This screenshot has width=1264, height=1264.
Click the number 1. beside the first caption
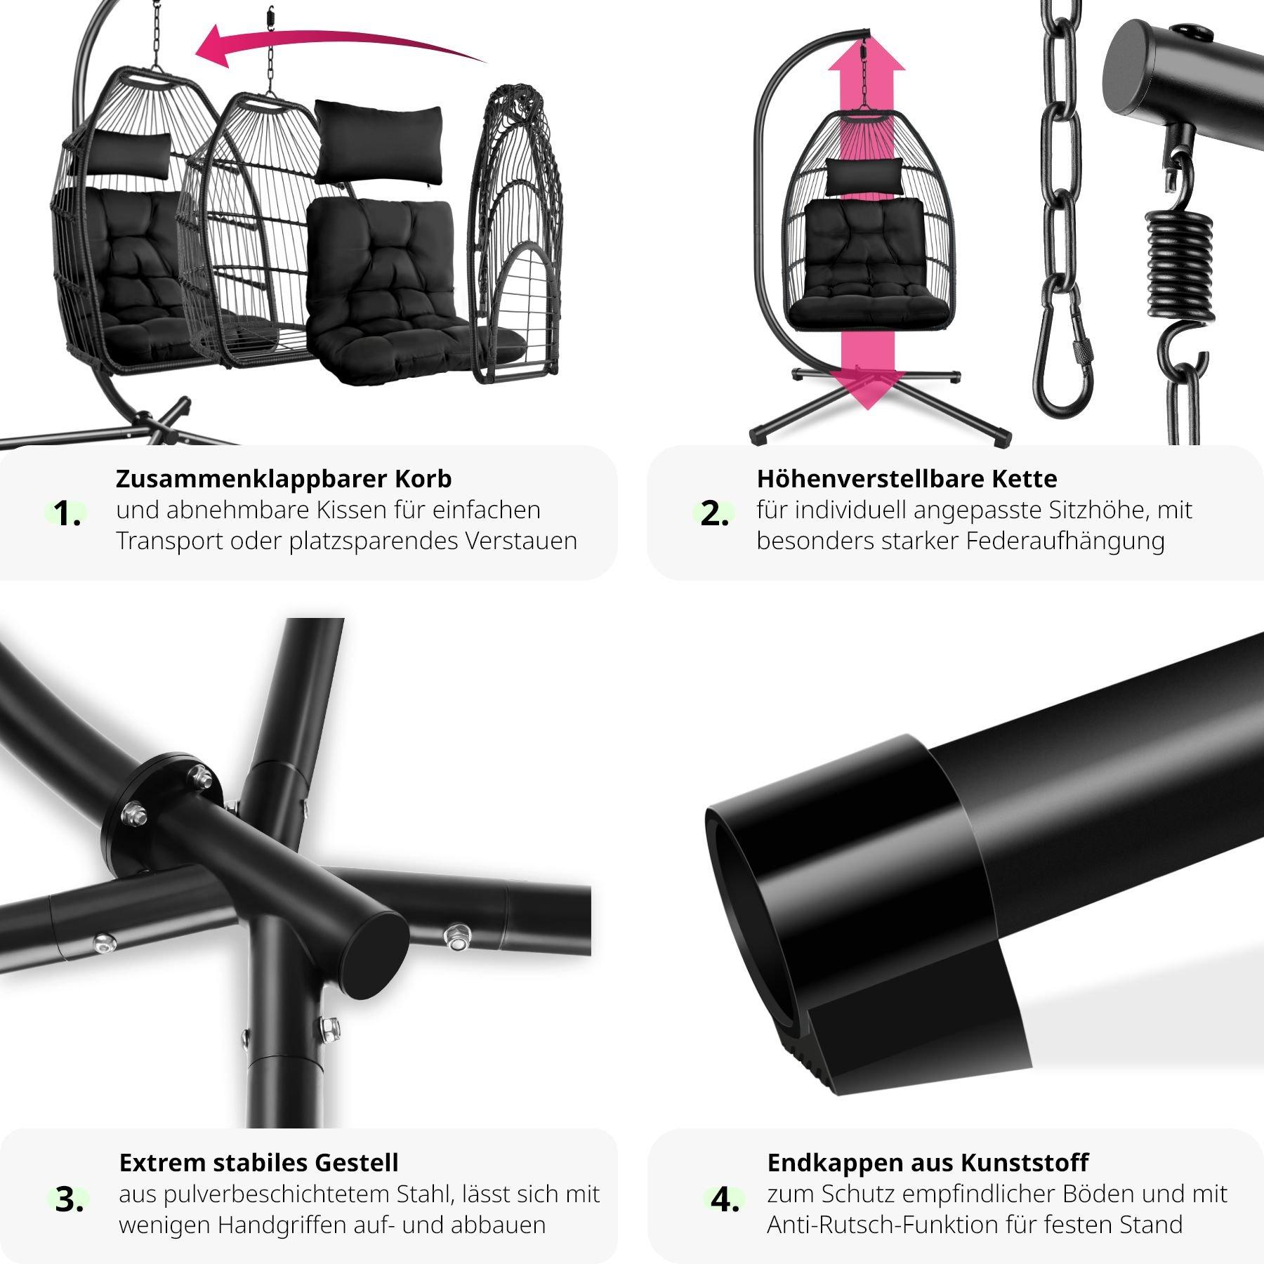67,515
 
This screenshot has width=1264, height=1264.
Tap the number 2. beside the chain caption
715,515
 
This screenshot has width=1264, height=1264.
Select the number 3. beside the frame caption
69,1200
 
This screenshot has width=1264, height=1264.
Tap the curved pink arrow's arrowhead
213,47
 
